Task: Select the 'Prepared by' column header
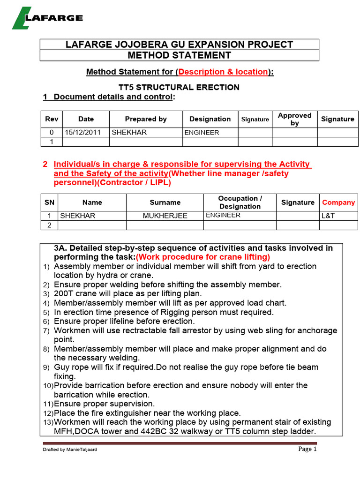coord(146,119)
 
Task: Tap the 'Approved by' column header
coord(294,119)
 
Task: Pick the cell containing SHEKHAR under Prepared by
coord(129,132)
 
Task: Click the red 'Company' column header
coord(338,202)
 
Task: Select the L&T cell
coord(328,216)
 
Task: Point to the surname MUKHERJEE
coord(165,216)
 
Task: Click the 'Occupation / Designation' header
coord(240,202)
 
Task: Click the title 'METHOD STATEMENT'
coord(180,55)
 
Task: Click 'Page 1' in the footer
coord(307,449)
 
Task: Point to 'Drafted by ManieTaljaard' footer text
coord(70,450)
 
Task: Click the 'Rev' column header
coord(52,119)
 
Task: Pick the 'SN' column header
coord(49,202)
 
